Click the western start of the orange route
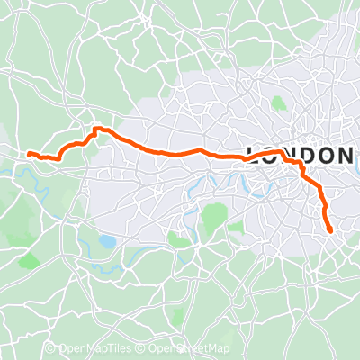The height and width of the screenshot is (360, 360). pyautogui.click(x=29, y=154)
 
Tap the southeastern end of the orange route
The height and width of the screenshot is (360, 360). pyautogui.click(x=330, y=230)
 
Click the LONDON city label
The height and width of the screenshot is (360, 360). pyautogui.click(x=299, y=155)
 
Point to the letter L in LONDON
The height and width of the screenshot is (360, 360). pyautogui.click(x=254, y=155)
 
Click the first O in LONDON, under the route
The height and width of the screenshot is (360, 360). pyautogui.click(x=272, y=156)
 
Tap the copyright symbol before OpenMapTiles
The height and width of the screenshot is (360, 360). pyautogui.click(x=52, y=349)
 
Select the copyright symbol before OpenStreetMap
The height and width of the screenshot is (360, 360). pyautogui.click(x=142, y=349)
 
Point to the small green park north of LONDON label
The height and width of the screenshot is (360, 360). pyautogui.click(x=278, y=103)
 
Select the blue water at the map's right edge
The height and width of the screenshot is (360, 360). pyautogui.click(x=357, y=165)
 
